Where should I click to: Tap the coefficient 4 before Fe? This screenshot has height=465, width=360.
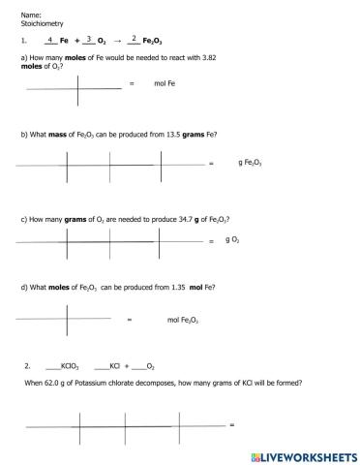pos(49,40)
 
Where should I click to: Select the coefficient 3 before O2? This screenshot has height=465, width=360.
pos(88,40)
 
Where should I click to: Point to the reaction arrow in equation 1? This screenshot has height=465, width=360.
pos(118,42)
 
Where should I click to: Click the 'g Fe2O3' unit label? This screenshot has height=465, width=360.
pos(250,163)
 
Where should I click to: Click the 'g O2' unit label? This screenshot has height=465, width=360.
pos(232,238)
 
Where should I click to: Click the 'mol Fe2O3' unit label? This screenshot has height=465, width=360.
pos(183,319)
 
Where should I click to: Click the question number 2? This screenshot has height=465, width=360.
pos(27,367)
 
